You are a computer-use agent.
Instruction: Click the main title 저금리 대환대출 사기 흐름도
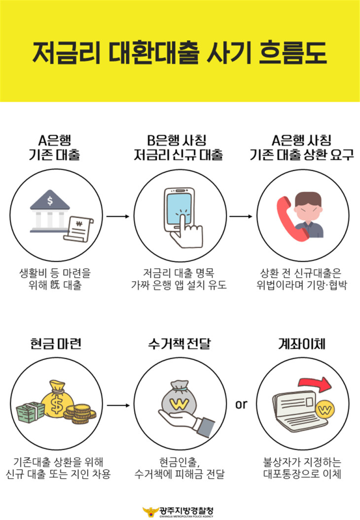click(x=180, y=53)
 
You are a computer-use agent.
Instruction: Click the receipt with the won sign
click(x=78, y=228)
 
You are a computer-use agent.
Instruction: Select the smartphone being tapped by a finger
click(x=180, y=210)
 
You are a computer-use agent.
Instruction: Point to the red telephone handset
click(x=290, y=219)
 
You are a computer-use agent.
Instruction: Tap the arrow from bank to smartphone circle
click(x=118, y=217)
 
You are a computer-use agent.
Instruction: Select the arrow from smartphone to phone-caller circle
click(x=241, y=217)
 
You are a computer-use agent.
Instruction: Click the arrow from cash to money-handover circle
click(x=118, y=405)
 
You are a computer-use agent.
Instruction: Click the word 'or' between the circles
click(x=241, y=404)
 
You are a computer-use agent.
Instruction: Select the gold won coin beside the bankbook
click(x=325, y=410)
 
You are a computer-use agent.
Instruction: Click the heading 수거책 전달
click(x=180, y=343)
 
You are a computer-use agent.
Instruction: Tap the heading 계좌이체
click(x=302, y=343)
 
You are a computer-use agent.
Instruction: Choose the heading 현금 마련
click(x=56, y=343)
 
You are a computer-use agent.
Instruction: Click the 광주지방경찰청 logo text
click(x=186, y=511)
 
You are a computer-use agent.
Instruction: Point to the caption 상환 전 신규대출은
click(x=300, y=273)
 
